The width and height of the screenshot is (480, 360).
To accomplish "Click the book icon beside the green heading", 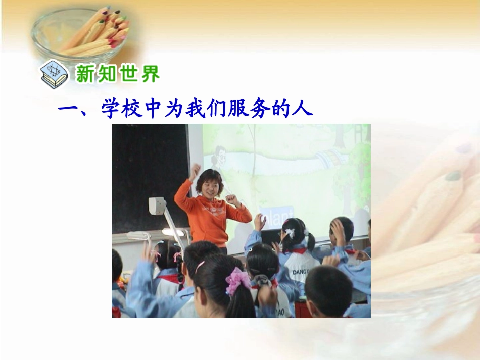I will pos(53,74).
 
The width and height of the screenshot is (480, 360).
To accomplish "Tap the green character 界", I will pos(150,74).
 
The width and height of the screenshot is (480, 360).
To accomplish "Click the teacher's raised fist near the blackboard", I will pos(194,170).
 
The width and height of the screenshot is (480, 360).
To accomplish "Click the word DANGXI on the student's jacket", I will pos(302,272).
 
